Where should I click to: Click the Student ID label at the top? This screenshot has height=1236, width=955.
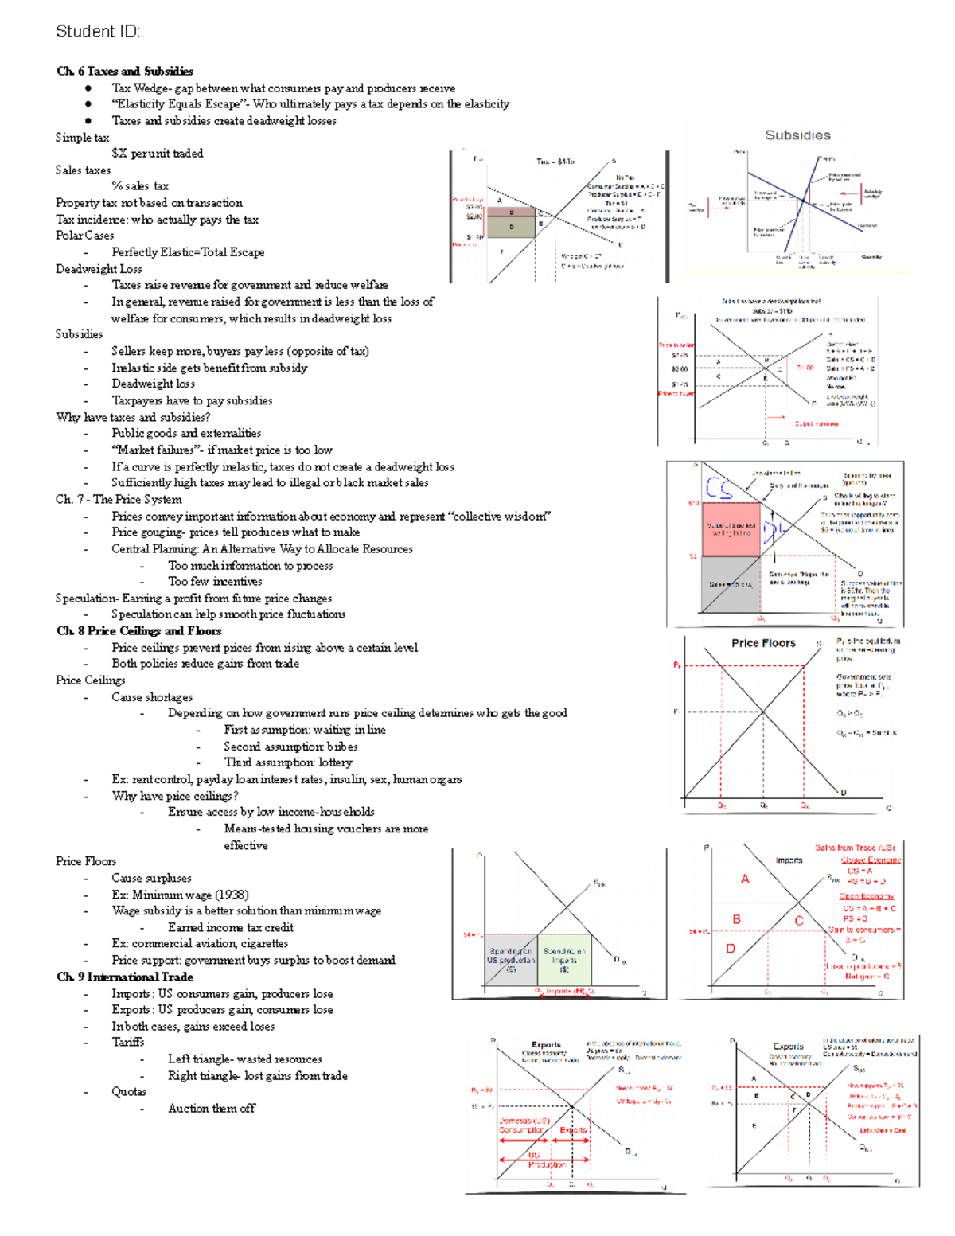point(97,32)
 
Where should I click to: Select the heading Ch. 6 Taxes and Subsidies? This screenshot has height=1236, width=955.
point(125,72)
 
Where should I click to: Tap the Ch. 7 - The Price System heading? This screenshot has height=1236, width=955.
point(119,500)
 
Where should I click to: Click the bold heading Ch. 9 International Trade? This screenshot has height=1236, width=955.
point(125,977)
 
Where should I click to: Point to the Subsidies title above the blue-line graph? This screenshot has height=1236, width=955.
point(797,135)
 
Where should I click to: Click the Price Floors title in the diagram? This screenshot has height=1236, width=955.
point(763,643)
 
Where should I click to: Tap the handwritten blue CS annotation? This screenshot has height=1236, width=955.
point(719,487)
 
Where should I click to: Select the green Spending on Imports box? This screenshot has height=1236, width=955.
point(564,960)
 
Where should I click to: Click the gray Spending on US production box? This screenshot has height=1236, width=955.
point(511,960)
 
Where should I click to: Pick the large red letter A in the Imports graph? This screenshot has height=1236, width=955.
point(745,879)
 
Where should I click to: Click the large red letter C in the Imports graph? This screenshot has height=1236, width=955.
point(799,921)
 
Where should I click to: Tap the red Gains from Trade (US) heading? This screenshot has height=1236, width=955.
point(855,848)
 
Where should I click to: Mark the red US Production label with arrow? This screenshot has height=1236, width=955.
point(545,1160)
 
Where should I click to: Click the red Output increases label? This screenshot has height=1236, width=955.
point(816,424)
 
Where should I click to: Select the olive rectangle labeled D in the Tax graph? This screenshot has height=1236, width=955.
point(511,227)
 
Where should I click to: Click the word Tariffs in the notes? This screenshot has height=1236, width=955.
point(128,1043)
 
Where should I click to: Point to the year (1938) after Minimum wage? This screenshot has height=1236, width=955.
point(231,895)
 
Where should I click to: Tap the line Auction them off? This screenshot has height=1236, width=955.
point(212,1109)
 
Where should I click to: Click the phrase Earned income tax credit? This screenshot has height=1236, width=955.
point(231,928)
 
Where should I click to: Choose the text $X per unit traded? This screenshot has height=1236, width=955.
point(158,154)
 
